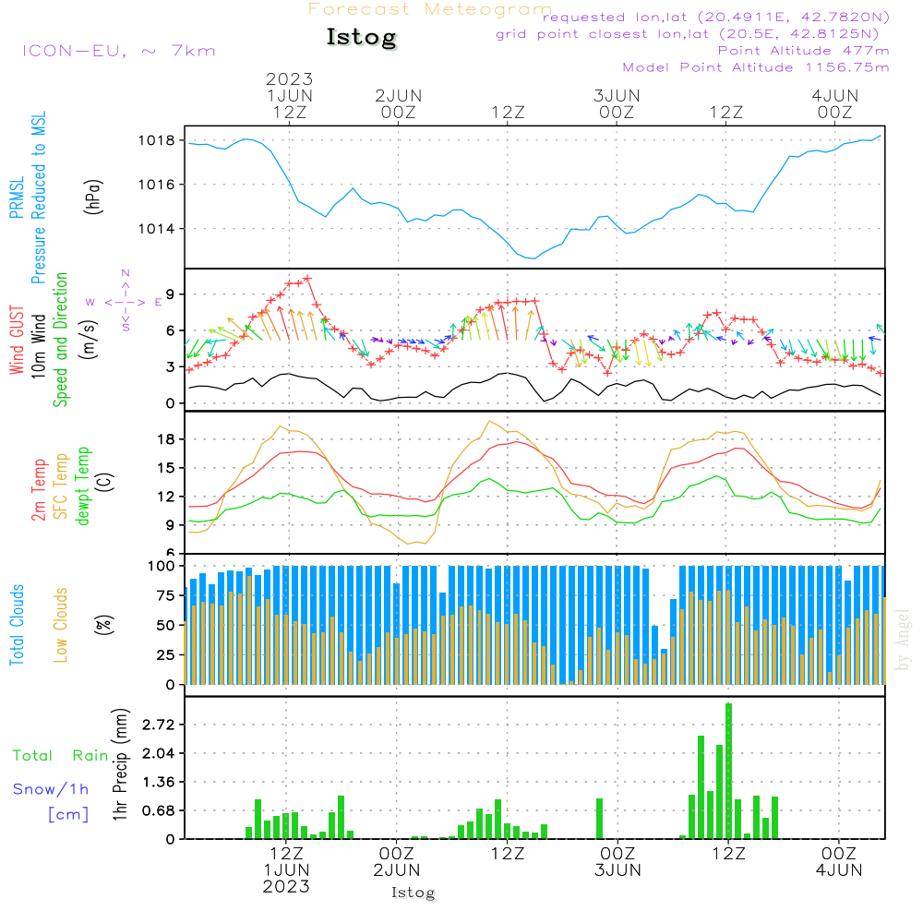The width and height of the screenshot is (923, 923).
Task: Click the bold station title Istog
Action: [361, 38]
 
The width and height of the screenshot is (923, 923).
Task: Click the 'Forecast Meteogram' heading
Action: [430, 10]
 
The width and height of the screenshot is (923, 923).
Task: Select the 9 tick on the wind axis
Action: [170, 294]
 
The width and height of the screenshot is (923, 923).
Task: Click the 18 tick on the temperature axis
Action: [166, 439]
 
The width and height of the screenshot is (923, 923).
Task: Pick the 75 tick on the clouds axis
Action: [164, 596]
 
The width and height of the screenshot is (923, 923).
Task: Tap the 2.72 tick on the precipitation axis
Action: [157, 725]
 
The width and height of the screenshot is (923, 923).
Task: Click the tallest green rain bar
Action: [728, 771]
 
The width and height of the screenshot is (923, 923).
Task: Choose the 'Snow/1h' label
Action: [52, 789]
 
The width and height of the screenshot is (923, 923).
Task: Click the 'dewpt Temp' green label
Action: [83, 486]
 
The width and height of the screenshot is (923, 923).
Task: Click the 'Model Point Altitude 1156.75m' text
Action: [756, 67]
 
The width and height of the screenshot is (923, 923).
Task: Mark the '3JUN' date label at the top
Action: [617, 96]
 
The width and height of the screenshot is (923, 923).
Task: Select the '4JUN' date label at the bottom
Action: [838, 869]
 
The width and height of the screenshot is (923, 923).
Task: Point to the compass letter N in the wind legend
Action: [126, 273]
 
